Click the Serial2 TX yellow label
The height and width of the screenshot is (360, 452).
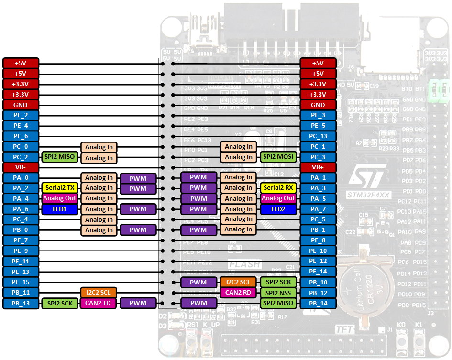pos(59,188)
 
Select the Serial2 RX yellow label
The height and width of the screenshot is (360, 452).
pos(278,188)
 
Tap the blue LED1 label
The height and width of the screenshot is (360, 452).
pos(59,209)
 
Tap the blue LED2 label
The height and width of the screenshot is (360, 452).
pos(278,209)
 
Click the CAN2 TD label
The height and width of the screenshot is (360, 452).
pos(98,303)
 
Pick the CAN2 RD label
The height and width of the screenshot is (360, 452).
pos(239,292)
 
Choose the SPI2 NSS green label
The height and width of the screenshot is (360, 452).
pos(278,292)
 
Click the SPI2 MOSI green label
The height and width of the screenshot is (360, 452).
pos(278,157)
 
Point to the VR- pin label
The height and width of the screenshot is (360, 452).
pos(21,167)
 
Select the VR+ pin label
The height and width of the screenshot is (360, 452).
pos(318,167)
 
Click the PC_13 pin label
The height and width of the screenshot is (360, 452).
pos(318,136)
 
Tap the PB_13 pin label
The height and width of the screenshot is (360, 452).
pos(21,303)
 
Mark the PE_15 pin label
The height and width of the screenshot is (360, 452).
pos(21,282)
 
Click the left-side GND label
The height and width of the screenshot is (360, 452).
pos(21,105)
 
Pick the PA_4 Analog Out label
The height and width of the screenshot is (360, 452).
pos(59,198)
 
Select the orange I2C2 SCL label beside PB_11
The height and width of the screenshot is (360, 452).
pos(98,292)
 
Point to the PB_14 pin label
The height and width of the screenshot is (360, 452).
pos(318,303)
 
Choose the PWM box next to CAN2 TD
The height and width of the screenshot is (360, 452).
pos(138,303)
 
